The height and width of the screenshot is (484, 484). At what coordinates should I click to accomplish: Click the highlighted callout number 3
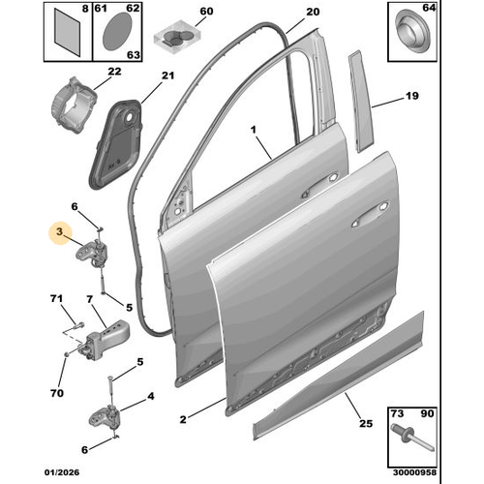click(x=60, y=233)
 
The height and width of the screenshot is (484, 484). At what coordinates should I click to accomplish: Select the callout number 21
click(x=166, y=76)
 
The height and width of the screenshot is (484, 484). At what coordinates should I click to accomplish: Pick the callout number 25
click(x=365, y=424)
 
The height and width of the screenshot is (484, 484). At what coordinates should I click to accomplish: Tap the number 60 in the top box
click(x=204, y=13)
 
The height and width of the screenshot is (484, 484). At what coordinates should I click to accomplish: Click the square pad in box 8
click(x=66, y=29)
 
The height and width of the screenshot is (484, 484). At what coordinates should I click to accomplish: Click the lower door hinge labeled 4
click(x=105, y=417)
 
